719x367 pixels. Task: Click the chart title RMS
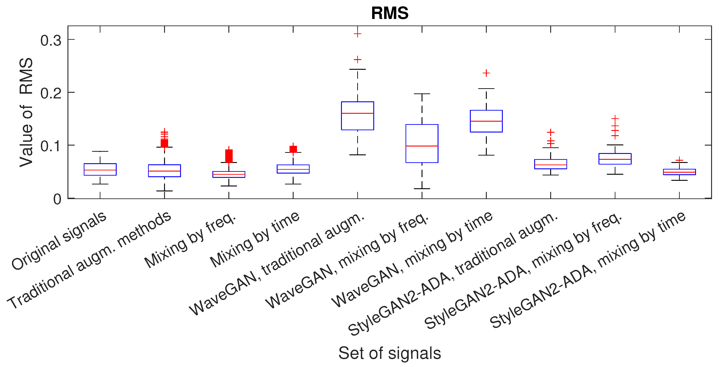(x=390, y=13)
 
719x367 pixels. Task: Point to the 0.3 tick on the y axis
(x=51, y=40)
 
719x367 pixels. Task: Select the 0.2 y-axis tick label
(x=51, y=93)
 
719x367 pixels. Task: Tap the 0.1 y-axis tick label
(x=51, y=146)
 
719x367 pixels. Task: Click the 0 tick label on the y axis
(x=57, y=199)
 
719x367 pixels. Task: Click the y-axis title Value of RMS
(x=26, y=112)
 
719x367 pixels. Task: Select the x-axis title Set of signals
(x=390, y=353)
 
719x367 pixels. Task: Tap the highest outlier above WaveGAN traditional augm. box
(x=357, y=34)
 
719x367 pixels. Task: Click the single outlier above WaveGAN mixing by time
(x=486, y=73)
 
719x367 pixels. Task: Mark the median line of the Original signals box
(x=100, y=170)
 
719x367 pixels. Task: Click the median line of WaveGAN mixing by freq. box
(x=422, y=146)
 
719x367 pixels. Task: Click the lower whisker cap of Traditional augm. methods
(x=164, y=191)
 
